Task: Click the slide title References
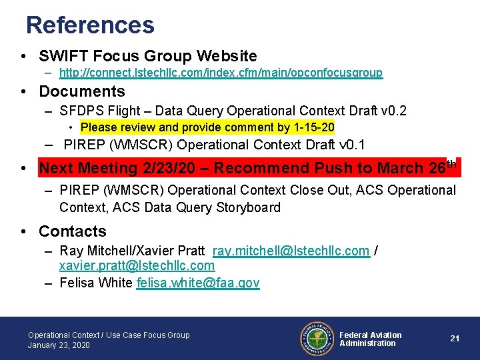90,25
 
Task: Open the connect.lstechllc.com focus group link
221,73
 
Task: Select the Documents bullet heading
82,91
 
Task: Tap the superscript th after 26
451,164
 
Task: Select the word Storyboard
247,207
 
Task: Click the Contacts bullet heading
73,231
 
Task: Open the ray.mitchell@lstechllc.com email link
291,251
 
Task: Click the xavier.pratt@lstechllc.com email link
137,266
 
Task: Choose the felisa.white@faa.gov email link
197,283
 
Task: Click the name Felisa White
96,283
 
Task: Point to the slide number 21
455,339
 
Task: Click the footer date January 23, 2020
59,345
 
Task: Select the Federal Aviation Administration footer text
370,339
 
